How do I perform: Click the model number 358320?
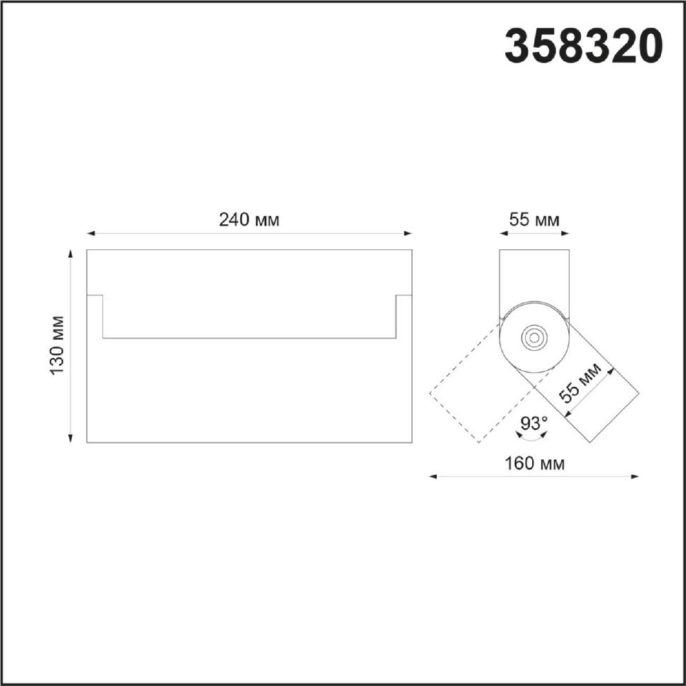coord(583,46)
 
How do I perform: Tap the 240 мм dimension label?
coord(249,220)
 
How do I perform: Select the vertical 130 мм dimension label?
coord(57,345)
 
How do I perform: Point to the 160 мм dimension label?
coord(535,463)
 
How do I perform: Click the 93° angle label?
coord(534,423)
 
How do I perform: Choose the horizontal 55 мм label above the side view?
coord(534,220)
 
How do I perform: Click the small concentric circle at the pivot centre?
coord(534,337)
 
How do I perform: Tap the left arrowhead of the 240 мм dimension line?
coord(91,233)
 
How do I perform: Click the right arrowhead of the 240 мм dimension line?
coord(408,233)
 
